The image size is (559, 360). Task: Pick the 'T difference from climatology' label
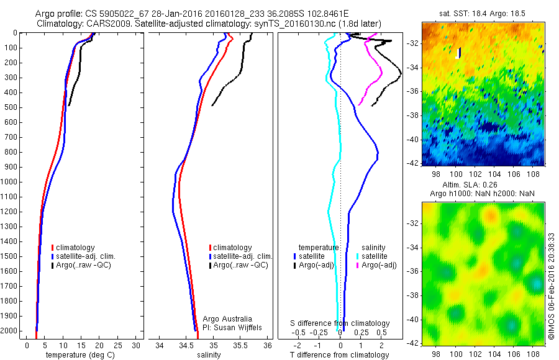[339, 355]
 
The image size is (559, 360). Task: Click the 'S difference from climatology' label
[340, 323]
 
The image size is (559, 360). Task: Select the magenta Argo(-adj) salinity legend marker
[357, 265]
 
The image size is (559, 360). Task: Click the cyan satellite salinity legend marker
[357, 256]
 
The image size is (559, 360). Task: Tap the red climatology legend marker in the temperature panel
[53, 247]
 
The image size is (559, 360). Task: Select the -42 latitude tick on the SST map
[413, 163]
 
